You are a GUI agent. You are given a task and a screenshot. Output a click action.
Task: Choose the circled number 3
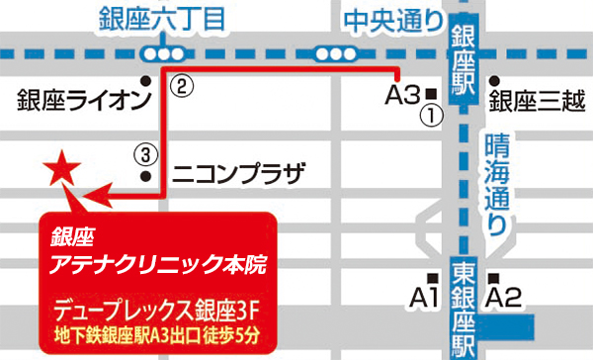pyautogui.click(x=144, y=154)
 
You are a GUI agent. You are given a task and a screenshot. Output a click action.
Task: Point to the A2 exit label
pyautogui.click(x=504, y=296)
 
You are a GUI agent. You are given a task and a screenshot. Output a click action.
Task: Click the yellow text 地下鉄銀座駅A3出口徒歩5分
pyautogui.click(x=157, y=333)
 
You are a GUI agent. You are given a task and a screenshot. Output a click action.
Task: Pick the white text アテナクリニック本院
pyautogui.click(x=157, y=266)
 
